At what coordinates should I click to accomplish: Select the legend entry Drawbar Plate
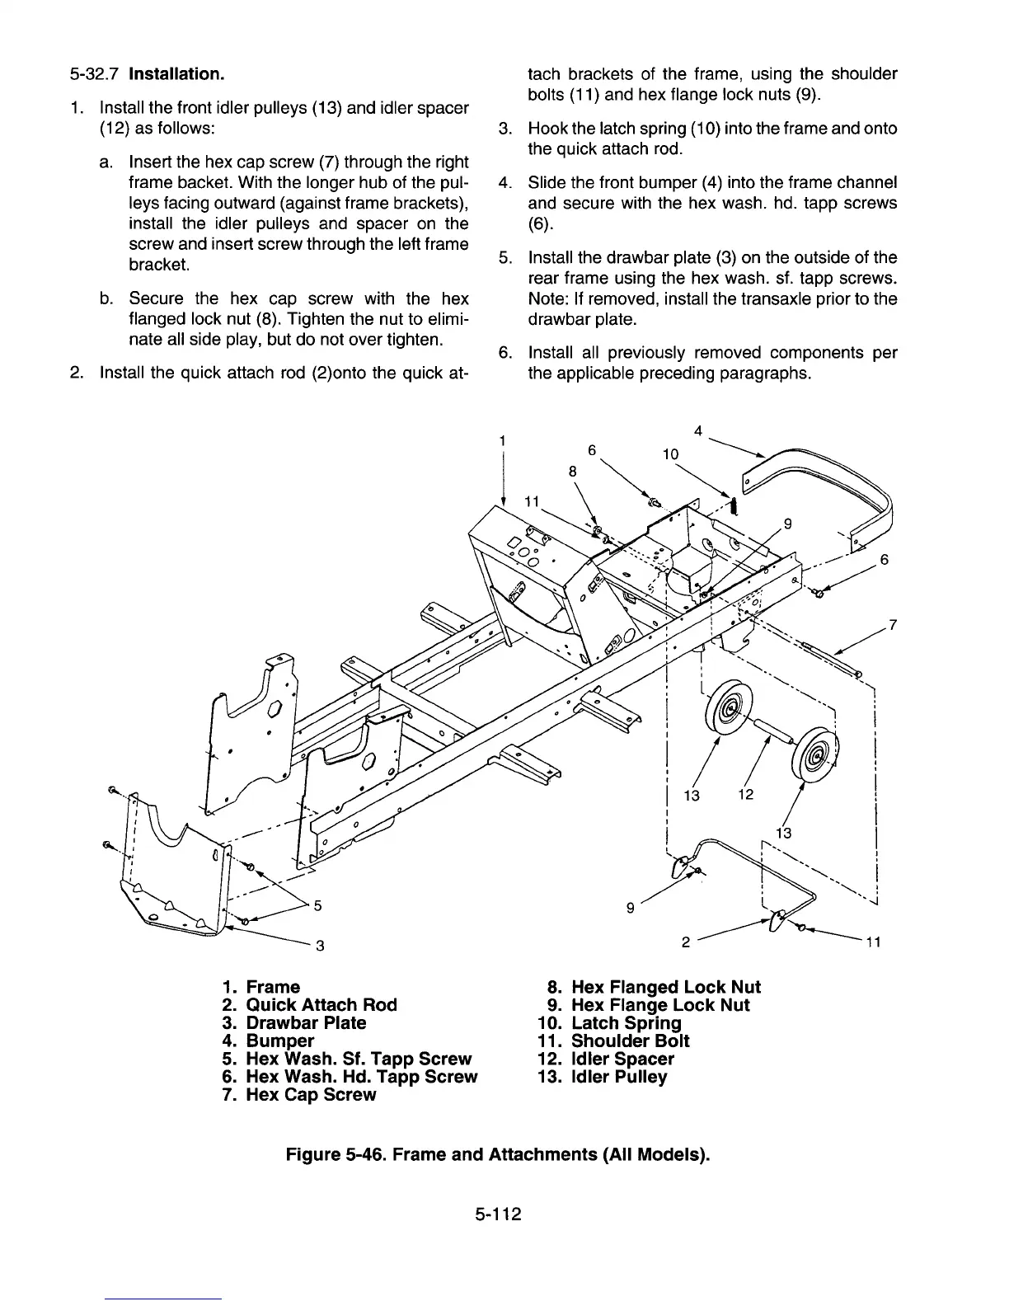click(x=305, y=1023)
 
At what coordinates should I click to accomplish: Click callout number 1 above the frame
click(x=502, y=440)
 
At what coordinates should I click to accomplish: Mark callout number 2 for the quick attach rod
click(x=686, y=941)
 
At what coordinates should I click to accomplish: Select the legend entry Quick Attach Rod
click(x=321, y=1005)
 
